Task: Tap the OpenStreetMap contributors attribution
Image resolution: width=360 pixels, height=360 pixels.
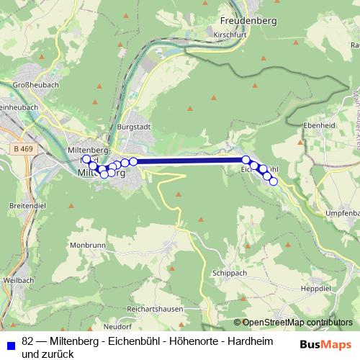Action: click(x=297, y=323)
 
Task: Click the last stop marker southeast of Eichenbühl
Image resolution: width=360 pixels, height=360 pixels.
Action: click(x=274, y=181)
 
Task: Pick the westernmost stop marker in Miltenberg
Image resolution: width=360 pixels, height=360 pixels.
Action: click(x=86, y=159)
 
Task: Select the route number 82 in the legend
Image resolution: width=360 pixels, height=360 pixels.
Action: click(x=28, y=341)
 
